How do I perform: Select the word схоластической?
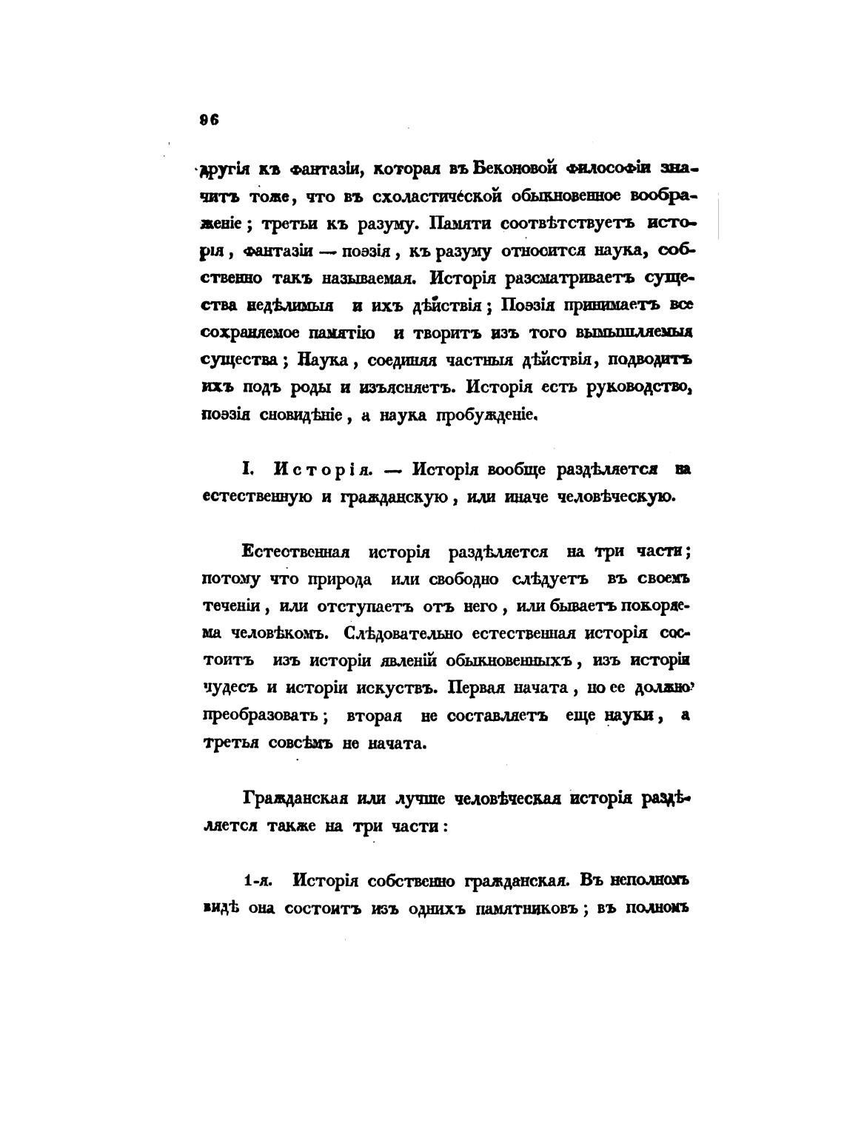point(409,196)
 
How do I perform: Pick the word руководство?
point(639,387)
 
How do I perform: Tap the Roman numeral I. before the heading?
point(248,469)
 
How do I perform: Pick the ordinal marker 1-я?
point(259,881)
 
